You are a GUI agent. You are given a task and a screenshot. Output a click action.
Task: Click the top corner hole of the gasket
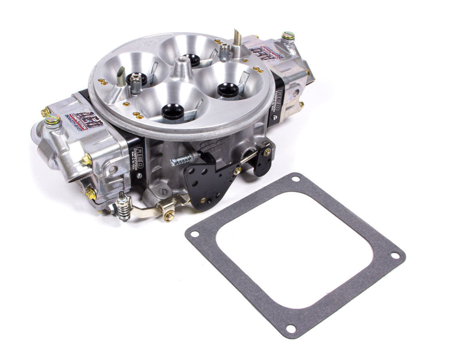click(296, 179)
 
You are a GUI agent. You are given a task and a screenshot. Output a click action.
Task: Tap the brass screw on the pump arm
click(169, 216)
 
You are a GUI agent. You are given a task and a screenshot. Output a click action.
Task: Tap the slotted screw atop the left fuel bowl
click(51, 119)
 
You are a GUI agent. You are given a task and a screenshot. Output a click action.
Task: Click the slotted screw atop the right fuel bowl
click(288, 37)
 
